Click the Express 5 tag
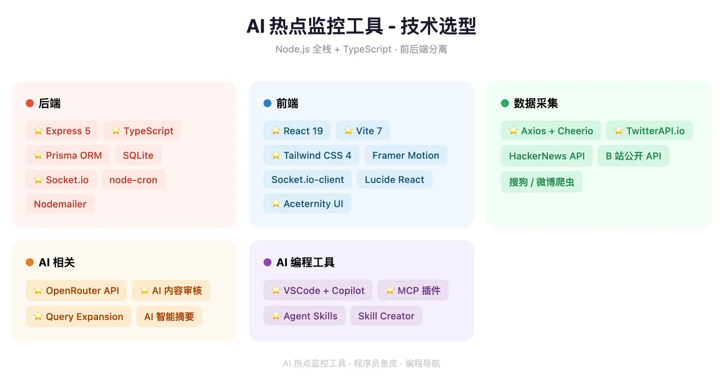click(x=62, y=130)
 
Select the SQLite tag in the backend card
click(x=138, y=155)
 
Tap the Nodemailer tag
click(x=60, y=204)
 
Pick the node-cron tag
click(x=134, y=180)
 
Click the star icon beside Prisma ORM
click(x=38, y=155)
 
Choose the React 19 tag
click(x=297, y=130)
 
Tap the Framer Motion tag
click(x=405, y=155)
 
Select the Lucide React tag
click(x=394, y=180)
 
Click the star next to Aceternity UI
click(x=275, y=203)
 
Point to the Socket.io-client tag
click(x=308, y=180)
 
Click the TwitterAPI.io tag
click(x=649, y=130)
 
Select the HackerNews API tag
click(x=547, y=156)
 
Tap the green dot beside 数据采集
click(x=505, y=103)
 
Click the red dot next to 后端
click(x=30, y=103)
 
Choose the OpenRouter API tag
click(x=77, y=290)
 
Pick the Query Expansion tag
click(x=79, y=316)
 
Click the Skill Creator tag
click(x=386, y=316)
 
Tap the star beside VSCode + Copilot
click(x=275, y=290)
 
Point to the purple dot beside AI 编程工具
click(x=267, y=262)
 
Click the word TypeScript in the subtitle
click(x=367, y=49)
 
